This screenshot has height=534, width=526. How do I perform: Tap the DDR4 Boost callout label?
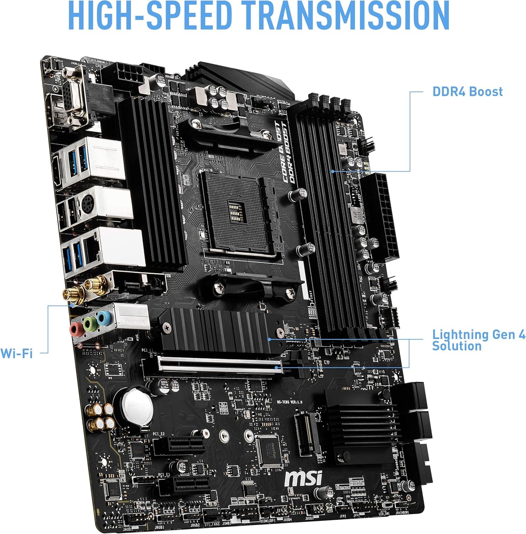[x=467, y=91]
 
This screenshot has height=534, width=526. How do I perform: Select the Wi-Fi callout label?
[x=16, y=353]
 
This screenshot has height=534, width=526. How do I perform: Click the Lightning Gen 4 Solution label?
[x=478, y=340]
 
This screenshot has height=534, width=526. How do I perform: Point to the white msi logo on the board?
[x=303, y=478]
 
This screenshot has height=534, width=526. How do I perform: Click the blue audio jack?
[x=103, y=318]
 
